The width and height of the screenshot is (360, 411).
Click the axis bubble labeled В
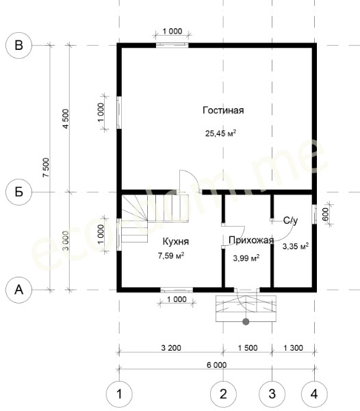(x=18, y=45)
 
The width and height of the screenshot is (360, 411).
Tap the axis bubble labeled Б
(x=18, y=192)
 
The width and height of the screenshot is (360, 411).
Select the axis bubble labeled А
(x=18, y=290)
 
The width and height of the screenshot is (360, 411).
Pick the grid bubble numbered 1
(x=119, y=394)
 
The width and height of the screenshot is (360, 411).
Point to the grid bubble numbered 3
(x=272, y=394)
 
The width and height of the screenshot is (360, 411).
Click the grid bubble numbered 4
(x=314, y=394)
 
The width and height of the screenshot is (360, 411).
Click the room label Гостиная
(x=223, y=110)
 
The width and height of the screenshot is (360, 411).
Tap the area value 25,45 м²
(x=220, y=133)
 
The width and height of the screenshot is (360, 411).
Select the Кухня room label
(x=176, y=241)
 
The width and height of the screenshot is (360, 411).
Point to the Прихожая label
(x=251, y=240)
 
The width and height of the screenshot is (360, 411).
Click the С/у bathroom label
(x=290, y=221)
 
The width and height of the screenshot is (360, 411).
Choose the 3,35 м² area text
(x=296, y=246)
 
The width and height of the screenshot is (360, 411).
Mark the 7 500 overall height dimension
(x=46, y=167)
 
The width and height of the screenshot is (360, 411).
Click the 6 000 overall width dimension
(x=216, y=365)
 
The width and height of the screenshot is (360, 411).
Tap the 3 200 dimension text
(x=171, y=348)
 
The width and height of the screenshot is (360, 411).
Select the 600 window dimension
(x=325, y=214)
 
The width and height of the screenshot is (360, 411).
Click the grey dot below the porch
(x=246, y=321)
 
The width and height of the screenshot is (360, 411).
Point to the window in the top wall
(x=172, y=45)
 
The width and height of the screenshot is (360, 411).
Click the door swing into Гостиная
(x=190, y=181)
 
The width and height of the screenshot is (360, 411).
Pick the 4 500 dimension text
(x=66, y=119)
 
